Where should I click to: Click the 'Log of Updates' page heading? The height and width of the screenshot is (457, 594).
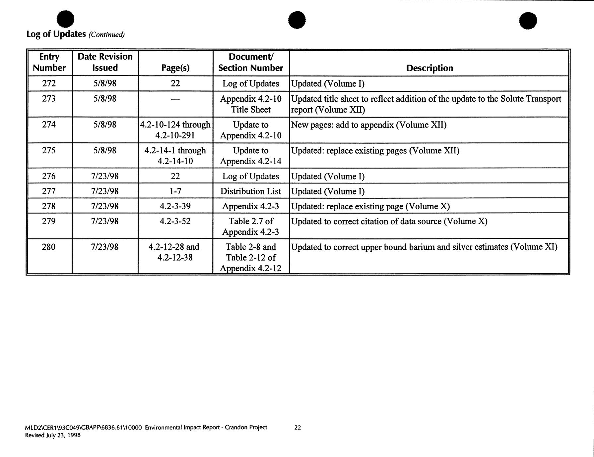pos(56,34)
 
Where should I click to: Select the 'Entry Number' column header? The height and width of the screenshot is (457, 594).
pos(49,62)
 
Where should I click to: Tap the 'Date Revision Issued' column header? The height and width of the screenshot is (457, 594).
pos(105,62)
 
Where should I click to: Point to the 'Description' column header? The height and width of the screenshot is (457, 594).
pos(429,68)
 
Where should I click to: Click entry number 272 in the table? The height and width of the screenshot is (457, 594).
pos(49,83)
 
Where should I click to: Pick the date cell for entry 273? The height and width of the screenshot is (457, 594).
pos(105,99)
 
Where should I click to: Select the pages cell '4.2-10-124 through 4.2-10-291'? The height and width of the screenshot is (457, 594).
pos(175,130)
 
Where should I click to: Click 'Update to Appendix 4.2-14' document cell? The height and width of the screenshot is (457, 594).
pos(251,156)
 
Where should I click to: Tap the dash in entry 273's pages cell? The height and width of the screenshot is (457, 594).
pos(175,99)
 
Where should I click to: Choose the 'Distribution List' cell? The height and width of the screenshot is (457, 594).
pos(251,191)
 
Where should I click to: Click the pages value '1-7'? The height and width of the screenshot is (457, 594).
pos(175,191)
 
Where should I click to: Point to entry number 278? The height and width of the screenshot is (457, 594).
pos(49,206)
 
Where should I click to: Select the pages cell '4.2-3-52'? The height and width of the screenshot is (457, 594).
pos(175,221)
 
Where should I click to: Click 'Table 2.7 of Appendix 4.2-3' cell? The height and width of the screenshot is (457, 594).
pos(251,227)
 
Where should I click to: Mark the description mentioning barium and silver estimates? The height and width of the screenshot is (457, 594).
pos(424,247)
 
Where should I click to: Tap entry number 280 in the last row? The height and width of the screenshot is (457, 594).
pos(49,247)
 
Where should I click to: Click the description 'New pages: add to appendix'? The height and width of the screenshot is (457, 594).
pos(369,125)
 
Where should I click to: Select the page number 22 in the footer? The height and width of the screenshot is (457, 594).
pos(297,428)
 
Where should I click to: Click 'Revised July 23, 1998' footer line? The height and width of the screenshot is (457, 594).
pos(53,435)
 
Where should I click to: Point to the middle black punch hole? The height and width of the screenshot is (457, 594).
pos(297,20)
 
